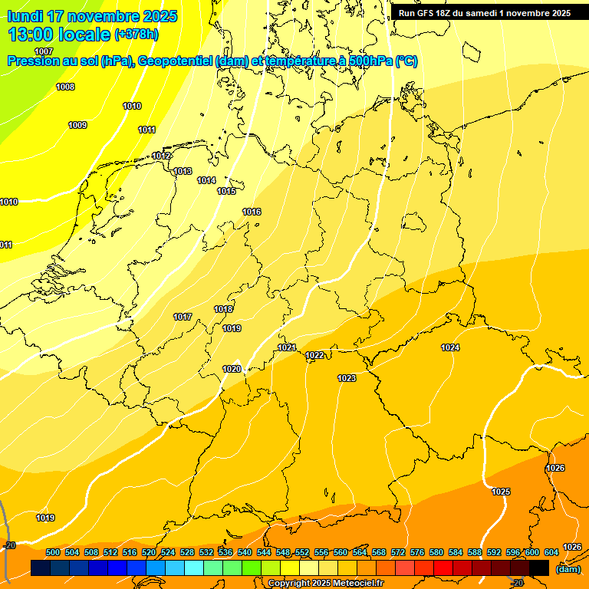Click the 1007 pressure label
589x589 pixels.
(44, 51)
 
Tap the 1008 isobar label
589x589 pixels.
(65, 87)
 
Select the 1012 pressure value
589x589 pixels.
(161, 156)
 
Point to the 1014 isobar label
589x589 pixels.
(206, 180)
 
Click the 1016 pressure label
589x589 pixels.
(252, 212)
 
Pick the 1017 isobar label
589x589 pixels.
(183, 317)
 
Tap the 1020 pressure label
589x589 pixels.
(232, 369)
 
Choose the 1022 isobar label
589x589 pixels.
(314, 355)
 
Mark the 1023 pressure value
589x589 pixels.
(347, 378)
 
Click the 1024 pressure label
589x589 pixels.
(450, 347)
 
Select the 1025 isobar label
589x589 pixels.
(501, 492)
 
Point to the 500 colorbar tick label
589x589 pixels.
(53, 552)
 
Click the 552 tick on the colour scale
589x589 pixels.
(302, 552)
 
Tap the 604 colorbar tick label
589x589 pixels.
(551, 552)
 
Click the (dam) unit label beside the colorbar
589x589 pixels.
(568, 569)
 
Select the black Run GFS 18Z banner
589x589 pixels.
(484, 13)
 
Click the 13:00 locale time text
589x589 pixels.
(59, 35)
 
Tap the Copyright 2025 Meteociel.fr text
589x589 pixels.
(325, 584)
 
